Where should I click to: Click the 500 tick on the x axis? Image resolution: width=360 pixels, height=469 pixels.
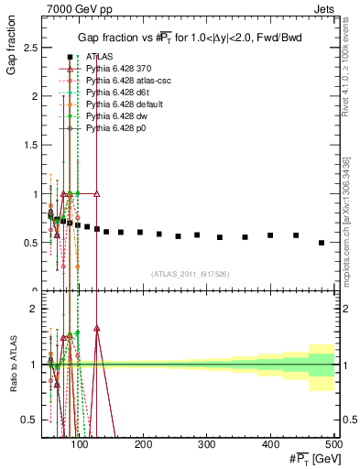[333, 444]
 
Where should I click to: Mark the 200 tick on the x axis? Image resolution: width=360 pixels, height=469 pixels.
[143, 444]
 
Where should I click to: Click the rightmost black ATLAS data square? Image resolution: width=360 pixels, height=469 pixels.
[322, 243]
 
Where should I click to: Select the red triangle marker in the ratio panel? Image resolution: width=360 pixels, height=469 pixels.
[97, 328]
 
